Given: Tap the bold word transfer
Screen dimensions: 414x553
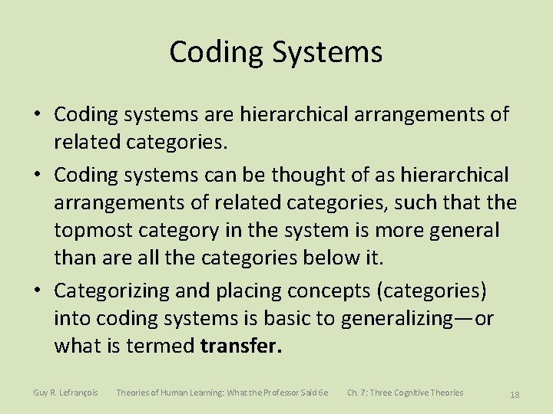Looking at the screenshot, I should [x=241, y=347].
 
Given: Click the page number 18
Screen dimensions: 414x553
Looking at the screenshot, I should [x=515, y=395].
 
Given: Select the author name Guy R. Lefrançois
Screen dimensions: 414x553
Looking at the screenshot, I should [x=65, y=393].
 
